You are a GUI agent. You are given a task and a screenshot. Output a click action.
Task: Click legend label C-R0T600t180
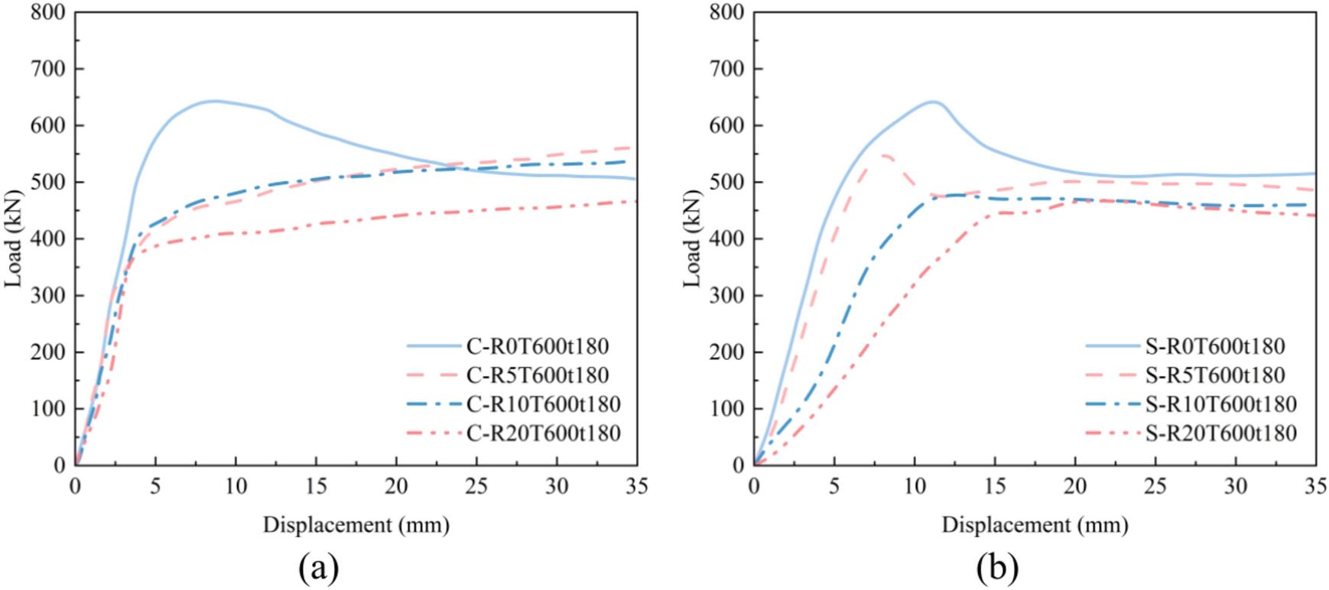tap(538, 346)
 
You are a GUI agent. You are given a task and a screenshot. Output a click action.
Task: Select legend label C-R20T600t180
tap(543, 433)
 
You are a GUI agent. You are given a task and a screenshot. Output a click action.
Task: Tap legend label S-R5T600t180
tap(1215, 375)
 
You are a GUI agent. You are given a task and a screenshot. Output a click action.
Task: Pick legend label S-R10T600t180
tap(1221, 404)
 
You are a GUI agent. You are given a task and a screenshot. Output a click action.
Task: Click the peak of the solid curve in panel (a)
tap(214, 101)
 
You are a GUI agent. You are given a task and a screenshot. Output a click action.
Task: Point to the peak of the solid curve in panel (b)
tap(934, 102)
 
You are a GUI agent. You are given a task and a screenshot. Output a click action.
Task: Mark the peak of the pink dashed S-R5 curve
tap(884, 155)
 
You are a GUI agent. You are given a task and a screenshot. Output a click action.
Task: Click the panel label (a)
tap(319, 568)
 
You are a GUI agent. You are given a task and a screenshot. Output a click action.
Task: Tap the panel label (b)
tap(997, 568)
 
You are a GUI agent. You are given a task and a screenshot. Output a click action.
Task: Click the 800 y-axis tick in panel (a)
tap(47, 12)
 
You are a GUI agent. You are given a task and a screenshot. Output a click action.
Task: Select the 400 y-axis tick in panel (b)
tap(726, 238)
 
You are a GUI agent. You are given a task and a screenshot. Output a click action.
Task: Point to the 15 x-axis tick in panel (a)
tap(316, 487)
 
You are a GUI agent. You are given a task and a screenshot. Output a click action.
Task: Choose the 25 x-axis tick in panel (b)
tap(1155, 487)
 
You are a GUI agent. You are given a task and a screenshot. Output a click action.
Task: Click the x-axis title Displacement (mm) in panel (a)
tap(356, 525)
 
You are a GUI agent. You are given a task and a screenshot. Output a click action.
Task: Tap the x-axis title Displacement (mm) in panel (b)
tap(1035, 525)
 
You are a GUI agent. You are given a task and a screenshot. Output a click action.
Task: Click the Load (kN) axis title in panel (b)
tap(693, 238)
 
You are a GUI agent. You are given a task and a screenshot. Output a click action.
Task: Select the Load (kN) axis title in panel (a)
tap(14, 238)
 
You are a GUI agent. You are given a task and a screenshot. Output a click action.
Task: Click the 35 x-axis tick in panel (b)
tap(1315, 487)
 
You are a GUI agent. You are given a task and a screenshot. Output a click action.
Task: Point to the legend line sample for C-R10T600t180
tap(434, 404)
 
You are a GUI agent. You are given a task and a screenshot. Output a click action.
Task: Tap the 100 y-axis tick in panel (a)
tap(47, 409)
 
